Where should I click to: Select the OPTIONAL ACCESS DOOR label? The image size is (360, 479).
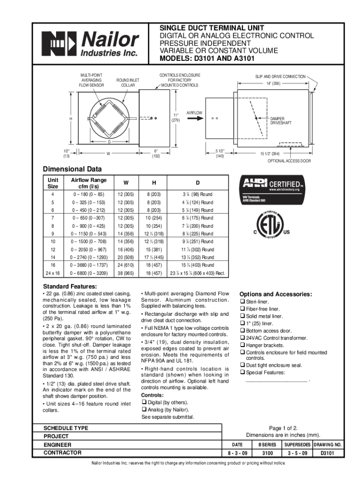point(289,161)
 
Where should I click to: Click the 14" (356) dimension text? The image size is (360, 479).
point(273,84)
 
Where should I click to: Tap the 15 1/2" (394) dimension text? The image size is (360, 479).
point(270,154)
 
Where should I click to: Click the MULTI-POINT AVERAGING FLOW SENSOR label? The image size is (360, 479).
point(92,80)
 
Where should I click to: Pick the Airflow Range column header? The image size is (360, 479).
point(89,183)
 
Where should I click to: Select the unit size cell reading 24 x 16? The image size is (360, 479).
point(52,273)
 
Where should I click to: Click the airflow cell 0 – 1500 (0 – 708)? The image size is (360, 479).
point(89,241)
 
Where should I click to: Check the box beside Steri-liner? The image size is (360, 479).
point(242,302)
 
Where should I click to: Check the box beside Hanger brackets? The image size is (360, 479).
point(242,345)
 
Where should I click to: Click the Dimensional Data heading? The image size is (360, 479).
point(72,169)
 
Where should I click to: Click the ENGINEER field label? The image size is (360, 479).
point(58,444)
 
